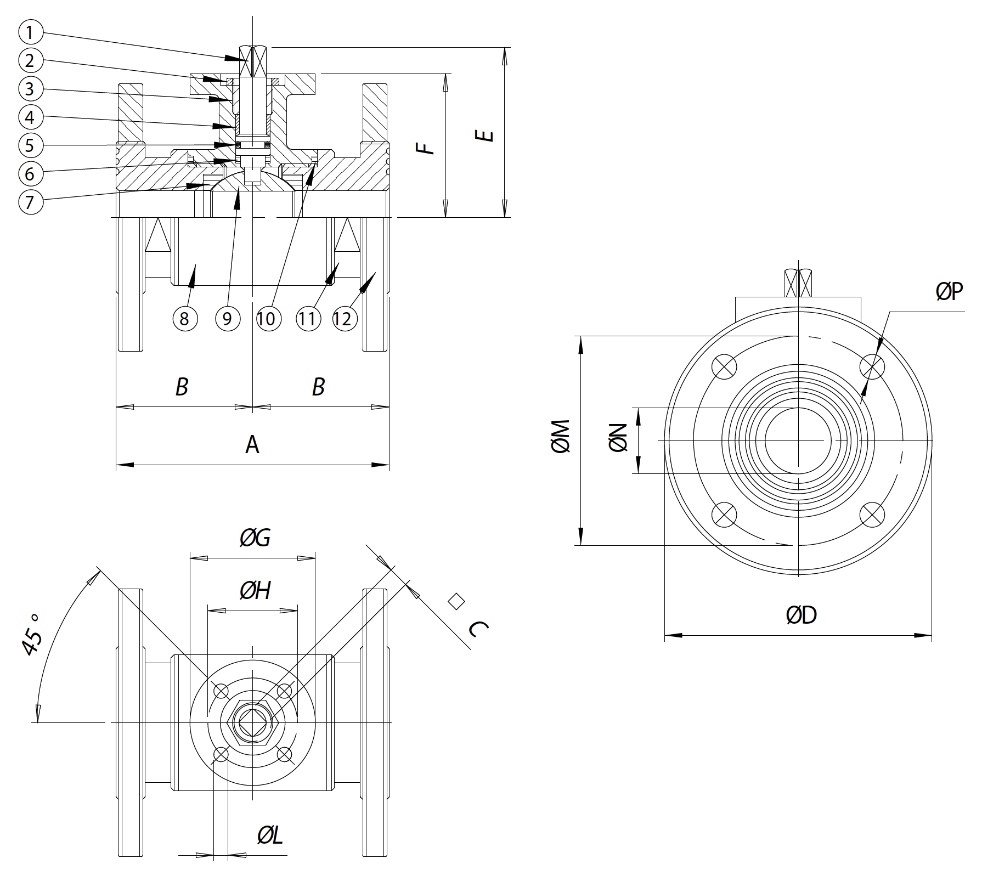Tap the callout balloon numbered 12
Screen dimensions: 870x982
344,318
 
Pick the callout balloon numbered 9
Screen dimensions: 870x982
228,318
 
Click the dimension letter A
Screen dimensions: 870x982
252,444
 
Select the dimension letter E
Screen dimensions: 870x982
484,135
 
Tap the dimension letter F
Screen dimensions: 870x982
426,148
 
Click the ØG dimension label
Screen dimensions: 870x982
255,538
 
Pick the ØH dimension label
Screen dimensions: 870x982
255,590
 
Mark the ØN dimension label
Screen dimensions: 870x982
618,438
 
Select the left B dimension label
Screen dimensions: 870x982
182,387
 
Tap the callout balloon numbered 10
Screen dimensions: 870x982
267,318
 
